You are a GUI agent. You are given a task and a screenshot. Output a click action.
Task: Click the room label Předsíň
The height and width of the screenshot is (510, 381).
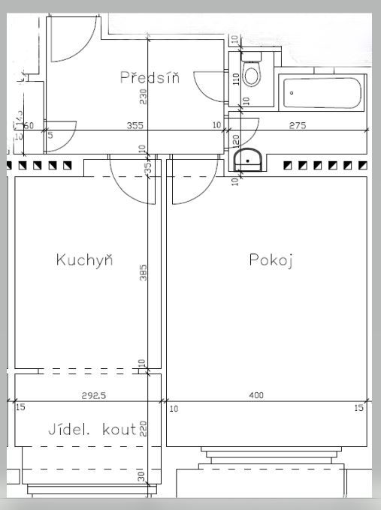tap(150, 77)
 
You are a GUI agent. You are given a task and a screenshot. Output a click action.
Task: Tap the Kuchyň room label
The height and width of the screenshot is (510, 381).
tap(84, 260)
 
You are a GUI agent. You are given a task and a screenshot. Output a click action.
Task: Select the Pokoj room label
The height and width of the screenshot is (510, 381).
tap(270, 260)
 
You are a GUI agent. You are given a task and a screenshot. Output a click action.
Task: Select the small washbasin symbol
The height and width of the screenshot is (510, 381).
tap(247, 159)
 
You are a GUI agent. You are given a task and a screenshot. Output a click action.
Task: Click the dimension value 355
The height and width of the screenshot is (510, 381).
tap(135, 125)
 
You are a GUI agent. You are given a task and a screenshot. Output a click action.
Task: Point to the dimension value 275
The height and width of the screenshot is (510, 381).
tap(298, 125)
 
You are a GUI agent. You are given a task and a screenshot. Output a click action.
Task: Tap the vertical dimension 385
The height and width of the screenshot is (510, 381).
tap(144, 272)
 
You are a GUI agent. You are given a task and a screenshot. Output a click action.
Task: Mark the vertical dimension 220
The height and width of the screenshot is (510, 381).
tap(143, 429)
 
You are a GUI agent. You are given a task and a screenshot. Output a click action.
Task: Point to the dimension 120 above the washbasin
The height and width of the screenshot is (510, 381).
tap(235, 140)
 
